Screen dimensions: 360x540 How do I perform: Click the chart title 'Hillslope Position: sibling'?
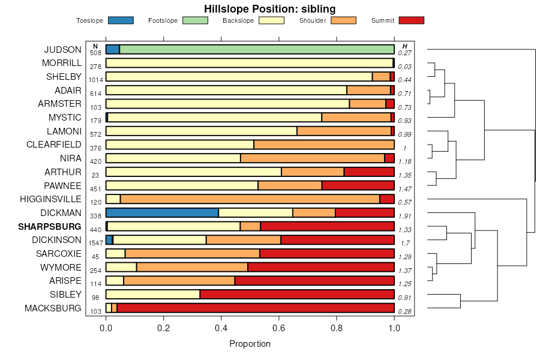[x=269, y=8]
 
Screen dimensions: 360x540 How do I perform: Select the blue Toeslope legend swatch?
[x=121, y=20]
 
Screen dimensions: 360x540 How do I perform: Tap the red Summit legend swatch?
[x=412, y=20]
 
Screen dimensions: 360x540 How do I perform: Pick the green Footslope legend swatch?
[x=195, y=20]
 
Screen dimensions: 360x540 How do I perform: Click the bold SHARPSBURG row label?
[x=50, y=227]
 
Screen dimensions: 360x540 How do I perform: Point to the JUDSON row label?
[x=63, y=50]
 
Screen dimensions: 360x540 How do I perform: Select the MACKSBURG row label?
[x=53, y=308]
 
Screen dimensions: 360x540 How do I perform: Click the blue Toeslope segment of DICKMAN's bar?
[x=162, y=212]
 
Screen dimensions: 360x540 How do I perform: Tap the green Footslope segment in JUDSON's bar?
[x=257, y=49]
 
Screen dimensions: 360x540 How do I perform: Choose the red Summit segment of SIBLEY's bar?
[x=296, y=294]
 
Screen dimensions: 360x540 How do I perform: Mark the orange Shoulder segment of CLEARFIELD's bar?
[x=323, y=145]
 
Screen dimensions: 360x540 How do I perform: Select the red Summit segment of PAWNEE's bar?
[x=358, y=185]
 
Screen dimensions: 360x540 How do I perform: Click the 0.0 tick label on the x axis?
[x=106, y=328]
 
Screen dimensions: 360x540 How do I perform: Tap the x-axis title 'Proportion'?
[x=250, y=344]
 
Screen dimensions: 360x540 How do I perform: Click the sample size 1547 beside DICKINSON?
[x=95, y=243]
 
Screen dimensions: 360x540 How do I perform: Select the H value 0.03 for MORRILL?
[x=404, y=67]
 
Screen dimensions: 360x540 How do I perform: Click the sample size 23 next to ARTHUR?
[x=95, y=175]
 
